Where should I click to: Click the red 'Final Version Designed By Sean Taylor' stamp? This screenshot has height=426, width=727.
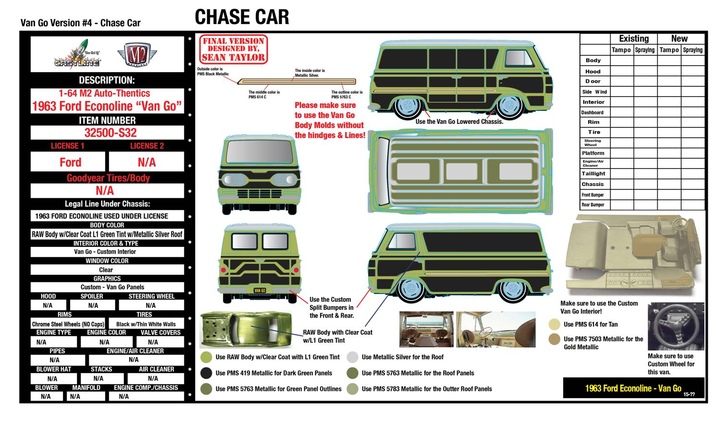click(233, 49)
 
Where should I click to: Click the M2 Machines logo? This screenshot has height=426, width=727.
click(138, 54)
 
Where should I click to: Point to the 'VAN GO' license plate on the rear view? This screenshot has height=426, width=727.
click(259, 290)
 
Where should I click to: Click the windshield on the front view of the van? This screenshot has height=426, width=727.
click(260, 152)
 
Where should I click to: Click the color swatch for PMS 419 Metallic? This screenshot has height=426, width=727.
click(206, 373)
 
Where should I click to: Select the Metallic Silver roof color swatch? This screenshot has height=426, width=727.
click(352, 357)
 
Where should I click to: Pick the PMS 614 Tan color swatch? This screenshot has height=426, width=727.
click(554, 324)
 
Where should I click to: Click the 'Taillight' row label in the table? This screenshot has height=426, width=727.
click(593, 173)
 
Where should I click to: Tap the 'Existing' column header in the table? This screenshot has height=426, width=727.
click(633, 38)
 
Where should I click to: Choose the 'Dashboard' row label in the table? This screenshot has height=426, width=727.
click(592, 112)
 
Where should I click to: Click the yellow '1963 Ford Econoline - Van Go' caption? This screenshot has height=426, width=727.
click(633, 388)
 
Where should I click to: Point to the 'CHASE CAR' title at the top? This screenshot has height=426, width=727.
click(242, 18)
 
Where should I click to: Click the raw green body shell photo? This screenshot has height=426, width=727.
click(246, 329)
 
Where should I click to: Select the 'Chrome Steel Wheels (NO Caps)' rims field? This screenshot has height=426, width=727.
click(68, 324)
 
